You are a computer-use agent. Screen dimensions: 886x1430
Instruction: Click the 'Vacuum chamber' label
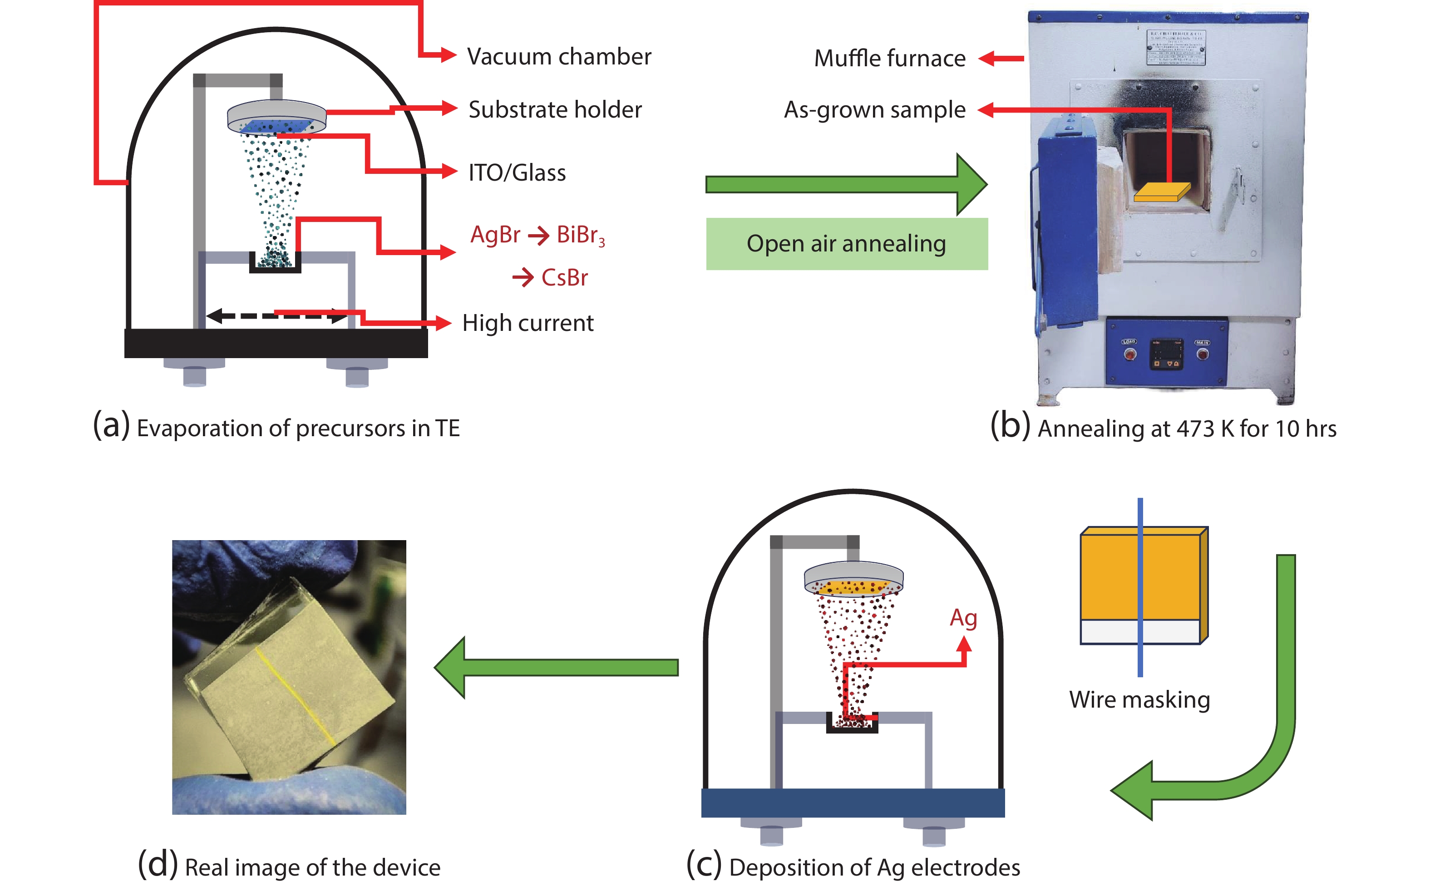558,57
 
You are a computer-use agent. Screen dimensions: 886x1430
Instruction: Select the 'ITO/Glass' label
517,173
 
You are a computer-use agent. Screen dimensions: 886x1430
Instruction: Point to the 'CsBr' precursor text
564,278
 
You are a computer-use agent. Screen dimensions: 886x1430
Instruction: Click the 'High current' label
528,323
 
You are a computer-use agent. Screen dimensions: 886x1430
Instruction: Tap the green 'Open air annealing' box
846,244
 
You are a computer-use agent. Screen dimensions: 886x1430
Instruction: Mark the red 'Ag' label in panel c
963,618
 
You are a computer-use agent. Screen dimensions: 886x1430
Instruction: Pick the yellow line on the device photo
296,697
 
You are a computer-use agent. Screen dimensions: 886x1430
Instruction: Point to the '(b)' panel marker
1009,426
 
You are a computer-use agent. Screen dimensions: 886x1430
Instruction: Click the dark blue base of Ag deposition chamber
852,803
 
